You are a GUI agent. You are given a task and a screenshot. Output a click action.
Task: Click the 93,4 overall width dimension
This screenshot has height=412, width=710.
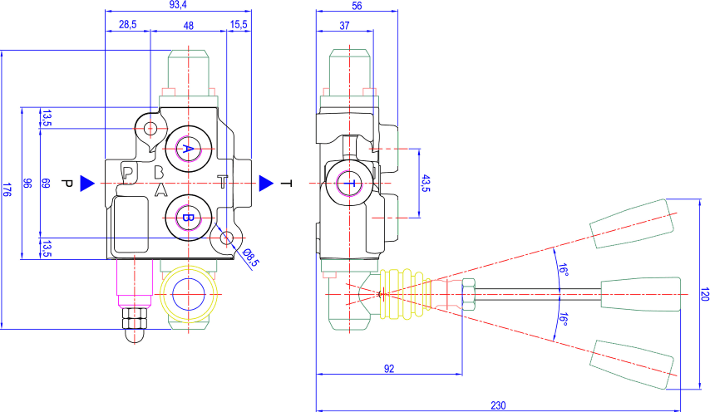click(178, 5)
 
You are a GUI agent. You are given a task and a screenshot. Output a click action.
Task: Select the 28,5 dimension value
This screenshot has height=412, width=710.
click(128, 24)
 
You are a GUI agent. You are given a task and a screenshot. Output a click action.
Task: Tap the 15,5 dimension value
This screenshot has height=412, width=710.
click(239, 24)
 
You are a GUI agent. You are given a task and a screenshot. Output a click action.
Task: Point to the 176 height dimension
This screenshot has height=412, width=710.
click(7, 189)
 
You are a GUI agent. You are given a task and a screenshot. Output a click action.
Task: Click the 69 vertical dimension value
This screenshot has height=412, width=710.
click(45, 184)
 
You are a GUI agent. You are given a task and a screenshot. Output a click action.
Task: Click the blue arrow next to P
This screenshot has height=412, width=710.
click(87, 184)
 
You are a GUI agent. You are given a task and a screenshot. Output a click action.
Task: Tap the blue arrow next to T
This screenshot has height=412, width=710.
click(266, 184)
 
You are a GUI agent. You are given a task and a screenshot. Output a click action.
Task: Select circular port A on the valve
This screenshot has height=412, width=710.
click(189, 149)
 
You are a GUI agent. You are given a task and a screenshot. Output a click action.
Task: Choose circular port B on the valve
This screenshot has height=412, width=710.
click(189, 218)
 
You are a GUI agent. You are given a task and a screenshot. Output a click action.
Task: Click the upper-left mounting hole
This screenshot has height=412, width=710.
click(150, 129)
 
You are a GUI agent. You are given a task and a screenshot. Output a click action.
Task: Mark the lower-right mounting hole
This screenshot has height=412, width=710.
click(226, 238)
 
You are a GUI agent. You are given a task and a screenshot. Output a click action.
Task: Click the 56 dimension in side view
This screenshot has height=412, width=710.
click(357, 5)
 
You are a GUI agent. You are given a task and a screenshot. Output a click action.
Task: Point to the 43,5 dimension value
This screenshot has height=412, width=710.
click(426, 184)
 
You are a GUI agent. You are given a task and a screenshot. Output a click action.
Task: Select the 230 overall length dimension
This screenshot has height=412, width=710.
click(498, 405)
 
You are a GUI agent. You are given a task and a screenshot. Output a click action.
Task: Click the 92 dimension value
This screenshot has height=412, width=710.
click(389, 369)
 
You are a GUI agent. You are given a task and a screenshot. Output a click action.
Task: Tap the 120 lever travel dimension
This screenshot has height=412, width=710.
click(704, 294)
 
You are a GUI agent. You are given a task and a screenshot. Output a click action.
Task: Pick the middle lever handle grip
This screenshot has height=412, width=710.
click(641, 294)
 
